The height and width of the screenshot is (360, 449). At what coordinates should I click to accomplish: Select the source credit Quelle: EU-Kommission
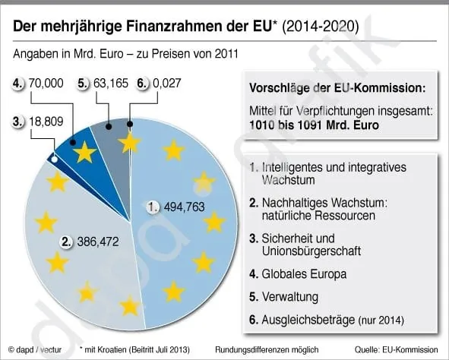400,349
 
